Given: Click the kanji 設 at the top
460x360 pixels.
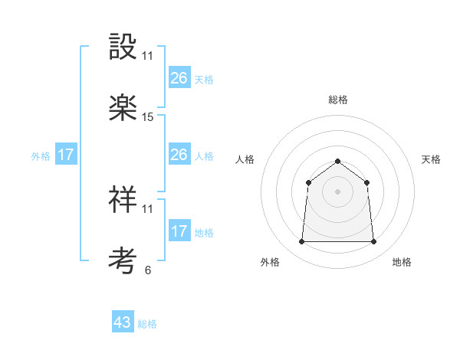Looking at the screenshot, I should coord(123,48).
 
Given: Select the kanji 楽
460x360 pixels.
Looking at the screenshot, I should coord(123,108).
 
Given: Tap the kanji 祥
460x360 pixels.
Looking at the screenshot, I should coord(123,200).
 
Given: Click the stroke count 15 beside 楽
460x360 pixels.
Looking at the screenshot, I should coord(148,117).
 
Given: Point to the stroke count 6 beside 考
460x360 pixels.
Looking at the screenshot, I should coord(147,270).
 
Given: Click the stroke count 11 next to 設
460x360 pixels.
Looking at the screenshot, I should coord(148,56).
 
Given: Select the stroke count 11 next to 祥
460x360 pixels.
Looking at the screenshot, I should coord(148,208).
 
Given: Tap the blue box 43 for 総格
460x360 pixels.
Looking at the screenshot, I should coord(123,322).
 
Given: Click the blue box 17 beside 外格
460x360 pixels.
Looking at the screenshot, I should coord(66,155).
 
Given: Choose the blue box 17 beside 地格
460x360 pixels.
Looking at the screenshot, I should coord(179,231).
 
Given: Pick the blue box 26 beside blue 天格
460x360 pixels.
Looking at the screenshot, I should coord(179,78).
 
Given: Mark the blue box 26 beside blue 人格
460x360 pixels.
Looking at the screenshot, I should coord(179,155).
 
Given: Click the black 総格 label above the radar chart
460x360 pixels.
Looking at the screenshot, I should coord(337,100).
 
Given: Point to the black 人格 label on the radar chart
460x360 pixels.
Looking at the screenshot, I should coord(245,159).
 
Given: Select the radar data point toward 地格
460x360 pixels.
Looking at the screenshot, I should coord(373,242).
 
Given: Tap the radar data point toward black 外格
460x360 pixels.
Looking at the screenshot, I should coord(302,242).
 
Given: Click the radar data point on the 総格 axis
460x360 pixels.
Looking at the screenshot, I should coord(337,161).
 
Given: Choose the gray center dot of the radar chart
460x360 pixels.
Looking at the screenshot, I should coord(337,191).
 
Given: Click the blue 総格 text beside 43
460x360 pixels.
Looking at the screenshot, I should coord(147,324).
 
